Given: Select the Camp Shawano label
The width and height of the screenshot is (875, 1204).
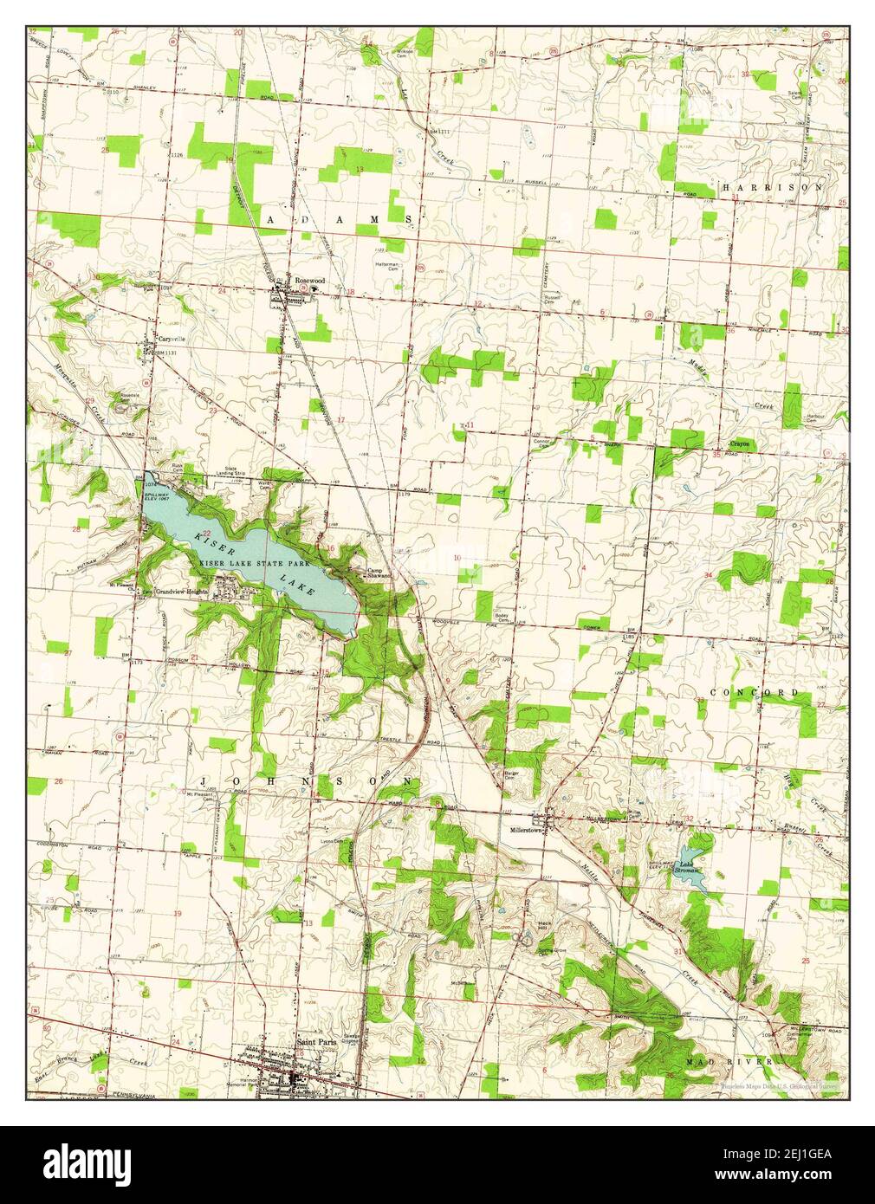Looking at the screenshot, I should pyautogui.click(x=379, y=573).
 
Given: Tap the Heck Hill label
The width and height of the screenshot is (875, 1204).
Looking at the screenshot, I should pyautogui.click(x=544, y=925).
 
